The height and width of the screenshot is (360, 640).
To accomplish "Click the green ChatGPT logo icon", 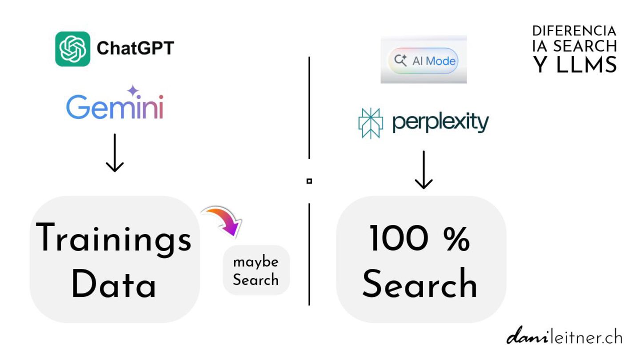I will point(72,49).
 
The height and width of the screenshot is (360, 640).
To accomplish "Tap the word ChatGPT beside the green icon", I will point(135,48).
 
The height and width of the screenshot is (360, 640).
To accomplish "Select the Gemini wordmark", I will point(115,107).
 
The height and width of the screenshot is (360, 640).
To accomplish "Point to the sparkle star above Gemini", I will point(133,91).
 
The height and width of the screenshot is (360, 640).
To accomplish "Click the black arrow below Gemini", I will point(115,153).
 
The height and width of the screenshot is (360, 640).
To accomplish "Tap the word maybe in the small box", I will point(256,262).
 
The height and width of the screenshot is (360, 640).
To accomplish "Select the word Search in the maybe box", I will point(256,280).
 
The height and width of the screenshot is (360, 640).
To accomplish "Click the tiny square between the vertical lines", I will point(309,181).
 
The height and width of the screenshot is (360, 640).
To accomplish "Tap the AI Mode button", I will point(423,60).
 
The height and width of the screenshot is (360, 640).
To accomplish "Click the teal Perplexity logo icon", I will point(370,123).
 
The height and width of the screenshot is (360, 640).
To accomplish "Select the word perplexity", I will point(440,122).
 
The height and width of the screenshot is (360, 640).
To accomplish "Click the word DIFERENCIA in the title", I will point(574,31).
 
